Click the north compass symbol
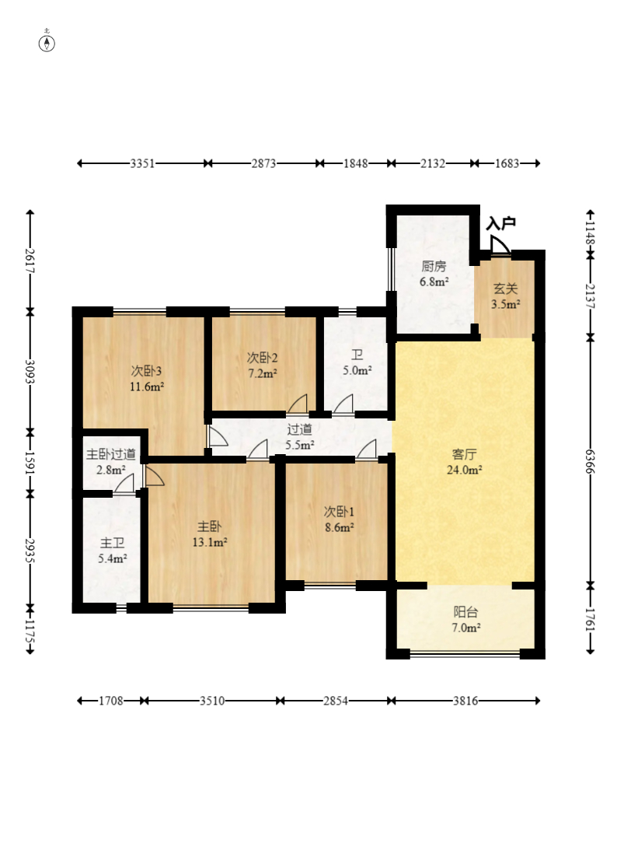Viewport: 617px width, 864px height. click(x=47, y=43)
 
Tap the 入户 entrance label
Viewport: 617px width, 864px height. click(x=501, y=223)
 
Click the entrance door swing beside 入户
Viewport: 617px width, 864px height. click(x=500, y=245)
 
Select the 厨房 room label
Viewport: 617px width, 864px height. click(x=434, y=267)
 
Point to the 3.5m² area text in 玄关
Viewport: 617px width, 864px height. click(x=506, y=303)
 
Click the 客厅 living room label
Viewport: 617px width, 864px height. click(x=464, y=454)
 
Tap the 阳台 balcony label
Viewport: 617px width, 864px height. click(x=465, y=611)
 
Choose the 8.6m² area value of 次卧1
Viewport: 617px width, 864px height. click(x=339, y=527)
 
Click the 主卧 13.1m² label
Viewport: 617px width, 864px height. click(x=210, y=534)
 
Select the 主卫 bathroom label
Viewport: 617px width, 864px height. click(x=112, y=544)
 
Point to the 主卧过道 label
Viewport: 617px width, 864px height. click(x=111, y=454)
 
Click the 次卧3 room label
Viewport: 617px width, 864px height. click(x=146, y=371)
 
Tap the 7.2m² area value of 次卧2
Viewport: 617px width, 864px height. click(x=262, y=373)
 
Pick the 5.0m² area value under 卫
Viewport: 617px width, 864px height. click(x=357, y=370)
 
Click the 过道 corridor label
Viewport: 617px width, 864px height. click(x=299, y=429)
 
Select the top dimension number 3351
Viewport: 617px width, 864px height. click(x=142, y=163)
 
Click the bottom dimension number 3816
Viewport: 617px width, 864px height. click(x=465, y=701)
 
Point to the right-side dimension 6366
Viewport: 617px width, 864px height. click(x=590, y=460)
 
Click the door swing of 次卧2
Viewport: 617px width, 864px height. click(x=298, y=404)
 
